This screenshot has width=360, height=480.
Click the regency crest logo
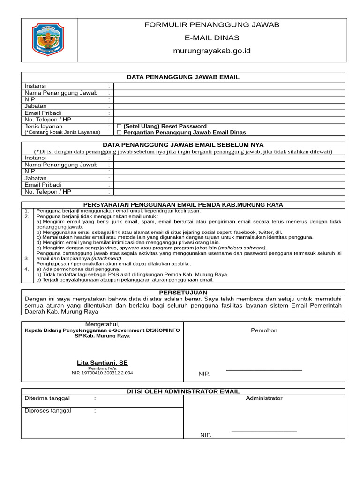click(x=48, y=40)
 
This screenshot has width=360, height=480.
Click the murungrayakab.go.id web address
click(x=212, y=51)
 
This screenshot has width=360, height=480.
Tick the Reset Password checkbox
click(x=119, y=127)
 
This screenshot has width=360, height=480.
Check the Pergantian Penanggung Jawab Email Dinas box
click(x=119, y=133)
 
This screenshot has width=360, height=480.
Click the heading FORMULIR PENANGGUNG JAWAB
click(x=212, y=24)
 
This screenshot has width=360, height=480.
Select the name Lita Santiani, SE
click(x=102, y=363)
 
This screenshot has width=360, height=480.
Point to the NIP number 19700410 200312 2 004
click(x=102, y=373)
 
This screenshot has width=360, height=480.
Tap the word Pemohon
click(x=264, y=330)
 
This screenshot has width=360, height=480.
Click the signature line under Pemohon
click(x=264, y=370)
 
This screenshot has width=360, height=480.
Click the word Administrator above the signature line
click(x=264, y=398)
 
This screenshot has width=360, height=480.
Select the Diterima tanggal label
click(x=47, y=398)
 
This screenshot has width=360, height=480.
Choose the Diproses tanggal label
click(x=48, y=411)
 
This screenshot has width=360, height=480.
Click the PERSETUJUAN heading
click(x=183, y=292)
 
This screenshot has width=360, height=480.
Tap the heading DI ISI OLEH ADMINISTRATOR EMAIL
click(x=183, y=391)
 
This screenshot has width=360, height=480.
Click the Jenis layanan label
click(x=43, y=127)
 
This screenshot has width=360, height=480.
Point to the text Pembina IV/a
click(x=102, y=368)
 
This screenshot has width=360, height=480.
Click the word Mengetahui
click(x=102, y=324)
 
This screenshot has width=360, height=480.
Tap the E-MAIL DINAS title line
click(x=212, y=37)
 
